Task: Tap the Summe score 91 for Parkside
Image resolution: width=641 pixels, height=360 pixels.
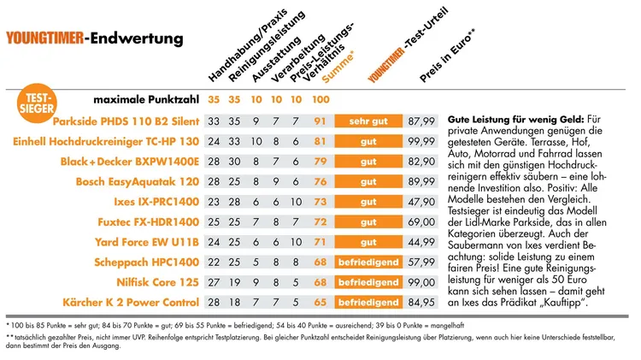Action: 321,121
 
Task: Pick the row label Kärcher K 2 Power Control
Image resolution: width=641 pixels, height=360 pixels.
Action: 132,303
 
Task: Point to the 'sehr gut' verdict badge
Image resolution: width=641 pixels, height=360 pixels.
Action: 368,121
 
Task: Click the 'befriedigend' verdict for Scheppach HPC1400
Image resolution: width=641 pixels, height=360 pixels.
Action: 368,263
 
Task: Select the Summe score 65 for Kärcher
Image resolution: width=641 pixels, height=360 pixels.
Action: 321,303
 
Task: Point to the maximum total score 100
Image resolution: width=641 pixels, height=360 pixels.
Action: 321,101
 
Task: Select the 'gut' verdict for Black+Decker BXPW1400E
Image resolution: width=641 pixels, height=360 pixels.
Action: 368,161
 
